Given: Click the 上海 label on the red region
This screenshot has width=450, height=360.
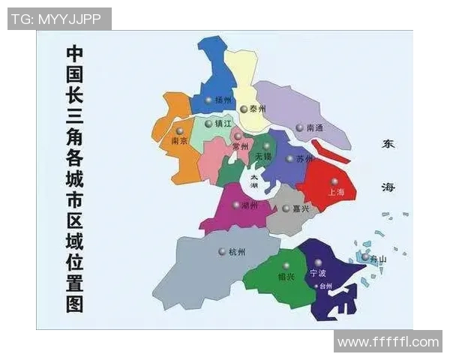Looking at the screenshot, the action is (335, 193).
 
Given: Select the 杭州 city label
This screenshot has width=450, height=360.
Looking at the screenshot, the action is (236, 252).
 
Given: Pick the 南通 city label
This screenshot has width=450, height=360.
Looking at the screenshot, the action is (315, 128).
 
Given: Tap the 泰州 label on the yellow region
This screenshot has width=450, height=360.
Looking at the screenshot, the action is (258, 109).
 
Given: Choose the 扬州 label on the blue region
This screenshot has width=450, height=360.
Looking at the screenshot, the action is (223, 100).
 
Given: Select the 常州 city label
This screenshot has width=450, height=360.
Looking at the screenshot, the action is (240, 148).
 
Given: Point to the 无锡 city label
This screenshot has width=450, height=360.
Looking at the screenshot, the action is (263, 157).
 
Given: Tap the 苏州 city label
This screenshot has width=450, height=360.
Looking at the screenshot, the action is (304, 159).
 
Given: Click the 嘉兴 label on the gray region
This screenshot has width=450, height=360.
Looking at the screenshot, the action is (301, 208).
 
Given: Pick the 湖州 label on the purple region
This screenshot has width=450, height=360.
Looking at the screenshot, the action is (249, 205).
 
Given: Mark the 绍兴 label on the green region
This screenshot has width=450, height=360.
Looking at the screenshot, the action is (286, 277).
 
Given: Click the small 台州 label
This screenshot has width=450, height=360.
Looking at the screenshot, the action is (325, 286).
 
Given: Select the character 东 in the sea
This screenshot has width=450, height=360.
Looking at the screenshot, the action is (388, 144).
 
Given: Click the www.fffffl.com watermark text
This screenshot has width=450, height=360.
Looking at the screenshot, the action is (388, 342).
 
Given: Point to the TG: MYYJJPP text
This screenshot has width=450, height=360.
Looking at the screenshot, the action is (58, 19).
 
